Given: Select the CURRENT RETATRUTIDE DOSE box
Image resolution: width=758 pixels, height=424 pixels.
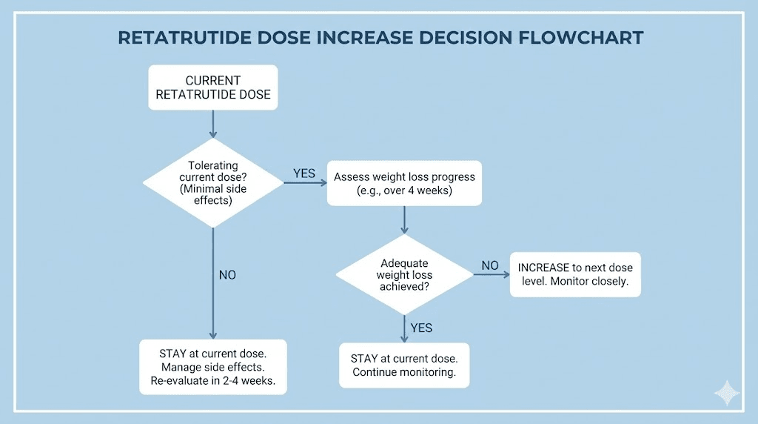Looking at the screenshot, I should [x=213, y=87].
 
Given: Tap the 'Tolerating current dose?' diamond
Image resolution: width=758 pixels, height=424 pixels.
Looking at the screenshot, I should [x=213, y=182].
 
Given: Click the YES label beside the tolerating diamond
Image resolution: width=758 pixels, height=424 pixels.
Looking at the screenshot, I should [x=304, y=173].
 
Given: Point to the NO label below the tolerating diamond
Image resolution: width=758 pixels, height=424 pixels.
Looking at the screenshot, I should [x=227, y=275].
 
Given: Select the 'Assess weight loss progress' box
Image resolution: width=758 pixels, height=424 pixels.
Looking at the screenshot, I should [x=404, y=184].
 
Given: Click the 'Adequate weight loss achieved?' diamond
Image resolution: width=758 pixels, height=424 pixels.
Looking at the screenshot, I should [x=404, y=274].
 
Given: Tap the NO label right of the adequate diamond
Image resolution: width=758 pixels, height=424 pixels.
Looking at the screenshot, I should [x=490, y=265].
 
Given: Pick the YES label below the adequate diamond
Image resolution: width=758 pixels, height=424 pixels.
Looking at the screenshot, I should [x=420, y=328].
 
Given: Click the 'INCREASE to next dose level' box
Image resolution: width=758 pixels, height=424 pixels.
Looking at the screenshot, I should [x=575, y=274].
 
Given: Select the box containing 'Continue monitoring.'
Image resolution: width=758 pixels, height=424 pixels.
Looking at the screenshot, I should [x=404, y=365].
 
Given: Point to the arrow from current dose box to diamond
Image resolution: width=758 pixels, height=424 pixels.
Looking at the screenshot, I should [x=213, y=124].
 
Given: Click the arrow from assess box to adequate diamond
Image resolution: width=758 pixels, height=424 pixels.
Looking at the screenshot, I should [x=404, y=220].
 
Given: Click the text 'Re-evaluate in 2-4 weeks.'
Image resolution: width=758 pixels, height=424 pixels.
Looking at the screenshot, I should [x=213, y=382].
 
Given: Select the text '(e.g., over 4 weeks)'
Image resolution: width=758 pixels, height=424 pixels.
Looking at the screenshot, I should [x=404, y=191].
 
